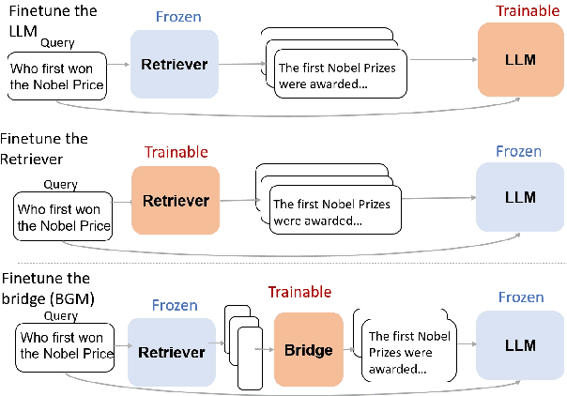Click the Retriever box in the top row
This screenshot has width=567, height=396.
[174, 65]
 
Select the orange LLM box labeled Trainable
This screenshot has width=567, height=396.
[519, 59]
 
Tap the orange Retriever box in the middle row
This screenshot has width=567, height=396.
[175, 201]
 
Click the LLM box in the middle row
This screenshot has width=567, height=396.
[519, 197]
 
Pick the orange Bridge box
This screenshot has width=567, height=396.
[308, 351]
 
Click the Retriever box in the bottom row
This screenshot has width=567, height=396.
[172, 353]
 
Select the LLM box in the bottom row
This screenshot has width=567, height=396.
[519, 345]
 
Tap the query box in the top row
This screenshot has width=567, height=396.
[56, 78]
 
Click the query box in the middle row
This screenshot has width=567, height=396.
[64, 217]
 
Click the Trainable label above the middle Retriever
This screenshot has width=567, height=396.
[176, 152]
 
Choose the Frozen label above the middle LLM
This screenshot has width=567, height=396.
[519, 150]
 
